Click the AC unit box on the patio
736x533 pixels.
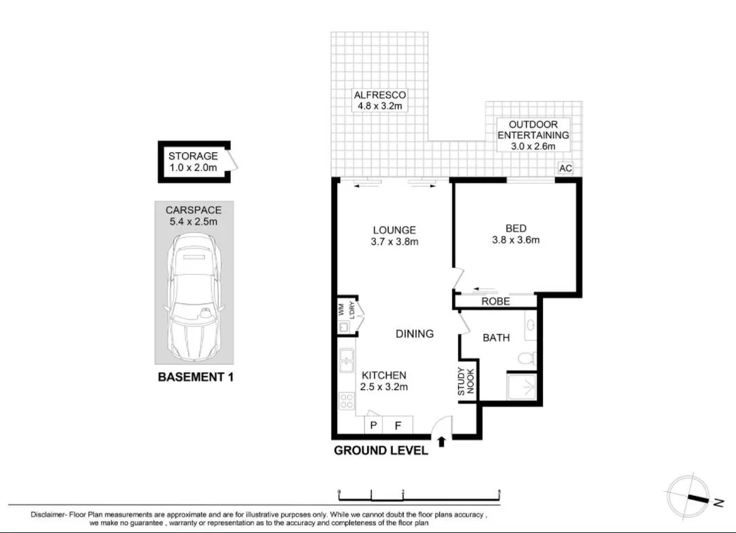(x=566, y=168)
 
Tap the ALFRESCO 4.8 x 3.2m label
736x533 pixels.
(x=380, y=100)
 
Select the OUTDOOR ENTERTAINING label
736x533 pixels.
(x=533, y=135)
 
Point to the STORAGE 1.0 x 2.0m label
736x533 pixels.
(x=192, y=162)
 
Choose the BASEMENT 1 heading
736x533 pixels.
(x=195, y=377)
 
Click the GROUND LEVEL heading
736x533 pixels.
(x=380, y=451)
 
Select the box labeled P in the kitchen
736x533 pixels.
(x=373, y=425)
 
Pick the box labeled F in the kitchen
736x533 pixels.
(x=398, y=425)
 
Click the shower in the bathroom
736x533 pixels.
(x=523, y=387)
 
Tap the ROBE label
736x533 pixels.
(x=495, y=302)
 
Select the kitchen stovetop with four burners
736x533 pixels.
(x=347, y=400)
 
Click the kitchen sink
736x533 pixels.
(x=346, y=362)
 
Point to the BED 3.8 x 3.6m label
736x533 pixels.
(x=516, y=234)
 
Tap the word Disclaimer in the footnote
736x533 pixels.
(x=50, y=515)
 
